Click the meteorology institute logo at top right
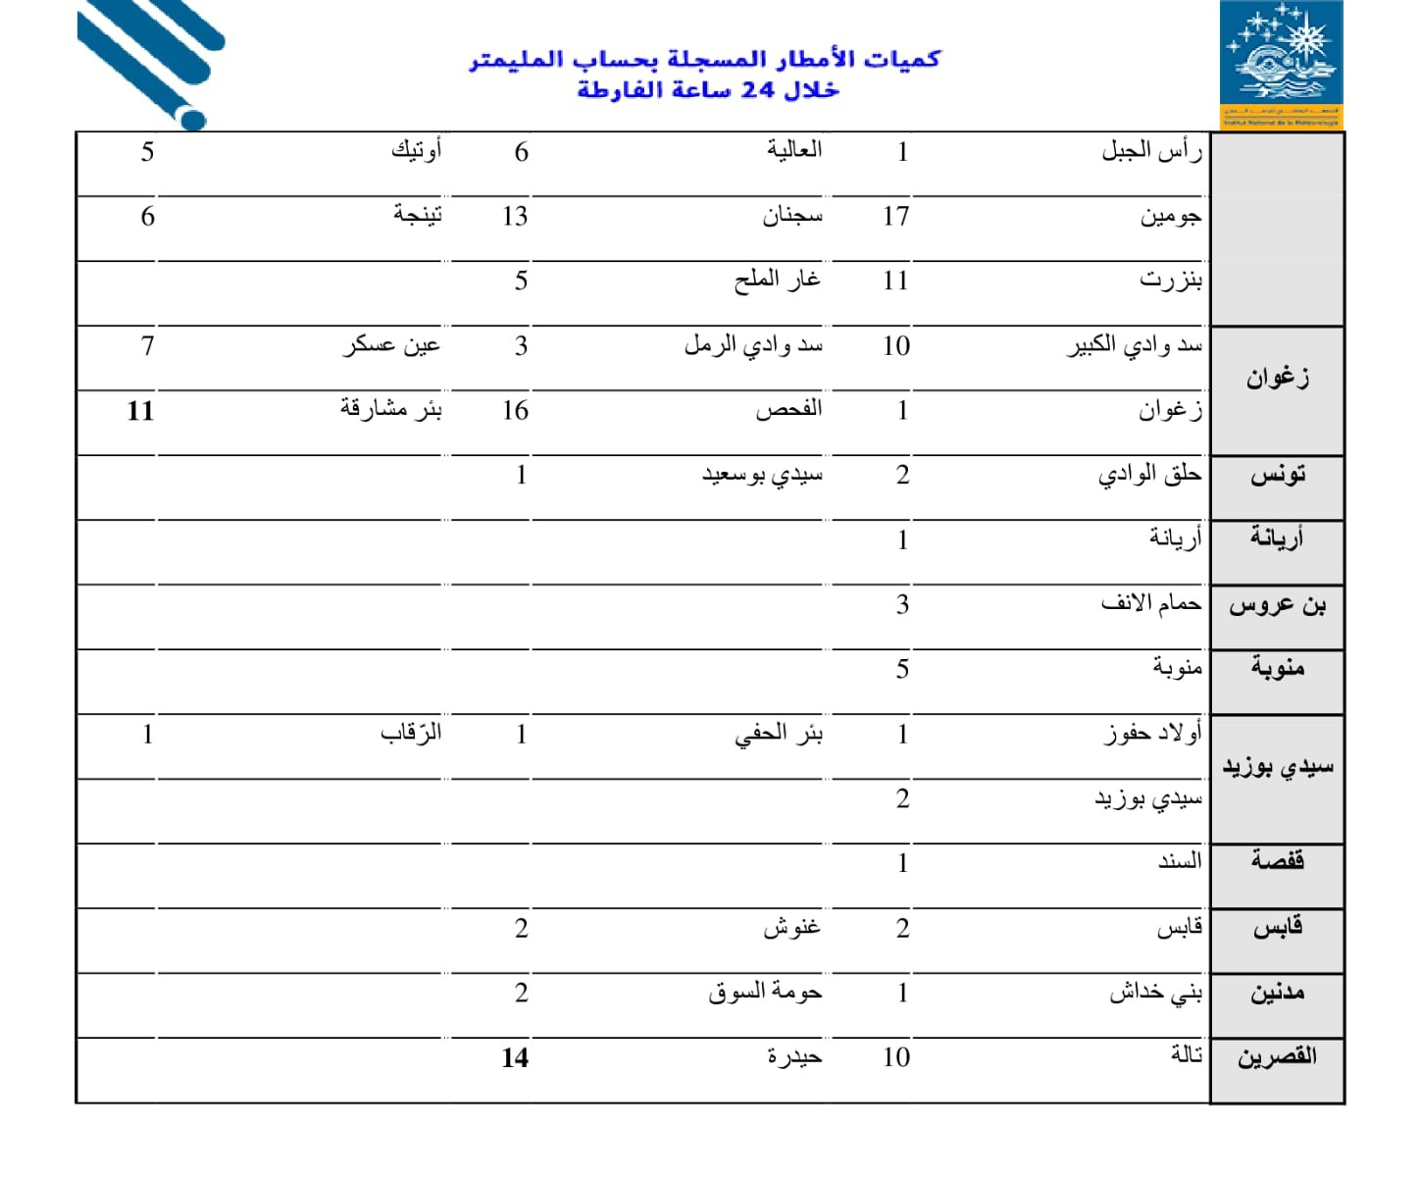pyautogui.click(x=1281, y=64)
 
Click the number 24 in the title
pyautogui.click(x=758, y=90)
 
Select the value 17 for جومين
pyautogui.click(x=896, y=216)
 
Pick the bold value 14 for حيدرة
pyautogui.click(x=515, y=1057)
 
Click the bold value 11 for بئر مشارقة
pyautogui.click(x=140, y=410)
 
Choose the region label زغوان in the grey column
pyautogui.click(x=1277, y=378)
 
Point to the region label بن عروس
pyautogui.click(x=1277, y=605)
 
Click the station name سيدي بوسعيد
pyautogui.click(x=762, y=476)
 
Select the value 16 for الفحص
pyautogui.click(x=515, y=410)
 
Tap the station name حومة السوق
pyautogui.click(x=765, y=993)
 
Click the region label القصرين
pyautogui.click(x=1277, y=1057)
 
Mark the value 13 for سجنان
pyautogui.click(x=515, y=216)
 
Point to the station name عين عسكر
pyautogui.click(x=391, y=345)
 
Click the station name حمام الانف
pyautogui.click(x=1151, y=603)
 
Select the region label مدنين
pyautogui.click(x=1277, y=993)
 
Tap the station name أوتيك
pyautogui.click(x=417, y=151)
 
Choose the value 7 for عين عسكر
pyautogui.click(x=147, y=345)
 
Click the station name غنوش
pyautogui.click(x=791, y=927)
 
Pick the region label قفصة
pyautogui.click(x=1277, y=861)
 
